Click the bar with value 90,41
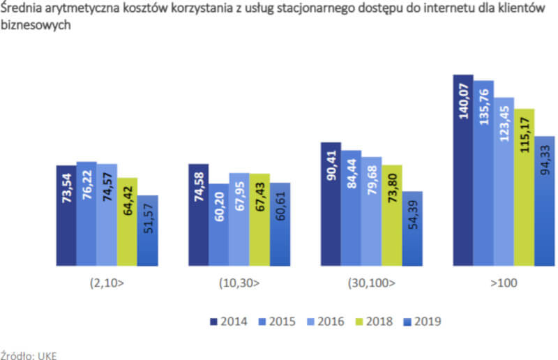tap(331, 204)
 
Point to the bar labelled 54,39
tap(412, 228)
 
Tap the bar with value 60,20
tap(219, 224)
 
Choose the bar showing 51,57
tap(147, 230)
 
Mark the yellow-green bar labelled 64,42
tap(127, 222)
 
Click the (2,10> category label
tap(107, 284)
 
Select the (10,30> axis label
tap(239, 284)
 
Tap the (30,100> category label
tap(371, 284)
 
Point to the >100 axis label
tap(504, 284)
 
